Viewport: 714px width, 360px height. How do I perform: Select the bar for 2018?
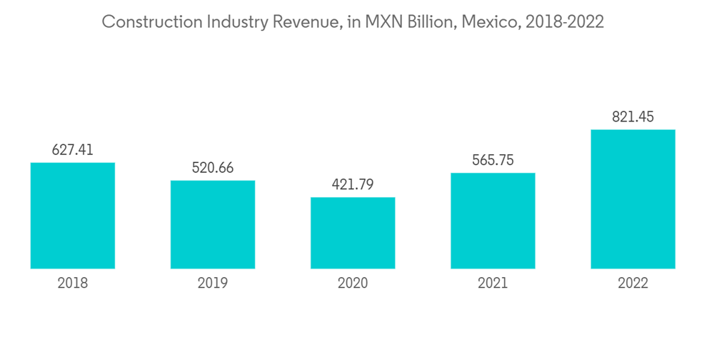tap(73, 216)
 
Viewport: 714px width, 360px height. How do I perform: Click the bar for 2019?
tap(213, 224)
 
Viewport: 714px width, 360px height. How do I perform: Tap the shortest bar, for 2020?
tap(353, 233)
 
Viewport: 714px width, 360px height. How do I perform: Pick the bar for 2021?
tap(493, 221)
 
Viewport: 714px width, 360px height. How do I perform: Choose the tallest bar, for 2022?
tap(633, 199)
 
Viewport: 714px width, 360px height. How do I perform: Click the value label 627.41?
tap(73, 150)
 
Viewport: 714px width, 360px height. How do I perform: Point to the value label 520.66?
tap(213, 168)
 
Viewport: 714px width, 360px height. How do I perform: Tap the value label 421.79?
tap(353, 185)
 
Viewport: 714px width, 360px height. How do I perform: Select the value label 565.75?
tap(493, 161)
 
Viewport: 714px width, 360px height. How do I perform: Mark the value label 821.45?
tap(633, 117)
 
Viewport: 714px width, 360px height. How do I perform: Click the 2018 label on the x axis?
tap(73, 284)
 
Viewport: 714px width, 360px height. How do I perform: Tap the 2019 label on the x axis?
tap(213, 284)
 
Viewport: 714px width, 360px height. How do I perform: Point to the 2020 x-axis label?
tap(353, 284)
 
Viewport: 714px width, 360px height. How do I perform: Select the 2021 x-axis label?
tap(493, 284)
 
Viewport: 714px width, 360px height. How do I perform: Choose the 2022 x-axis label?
tap(633, 284)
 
